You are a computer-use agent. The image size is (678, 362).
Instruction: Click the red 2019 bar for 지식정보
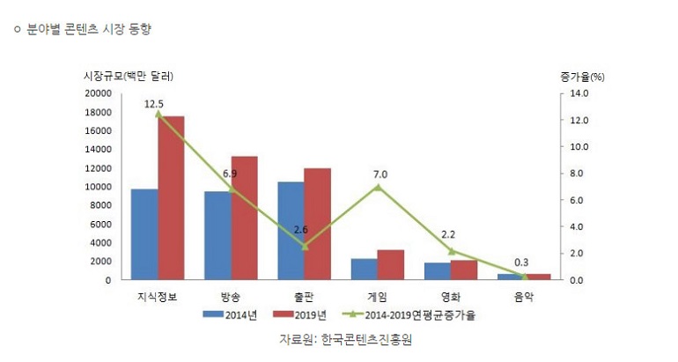click(171, 198)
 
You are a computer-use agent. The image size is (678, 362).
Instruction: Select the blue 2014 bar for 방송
click(217, 235)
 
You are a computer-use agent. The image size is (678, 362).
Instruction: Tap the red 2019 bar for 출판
click(317, 224)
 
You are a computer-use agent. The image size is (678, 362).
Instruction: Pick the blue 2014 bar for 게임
click(364, 269)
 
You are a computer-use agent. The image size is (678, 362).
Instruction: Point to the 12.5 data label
click(155, 104)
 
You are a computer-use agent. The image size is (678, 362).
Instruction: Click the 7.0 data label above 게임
click(380, 174)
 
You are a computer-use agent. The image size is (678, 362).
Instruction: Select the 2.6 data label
click(301, 230)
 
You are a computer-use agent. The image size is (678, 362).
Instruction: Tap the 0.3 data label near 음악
click(521, 262)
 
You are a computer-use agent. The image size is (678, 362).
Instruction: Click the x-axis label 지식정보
click(158, 296)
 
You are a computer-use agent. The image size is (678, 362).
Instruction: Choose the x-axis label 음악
click(524, 296)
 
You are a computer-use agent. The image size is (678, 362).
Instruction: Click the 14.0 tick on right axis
click(578, 93)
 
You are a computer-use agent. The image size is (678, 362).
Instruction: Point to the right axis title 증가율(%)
click(582, 77)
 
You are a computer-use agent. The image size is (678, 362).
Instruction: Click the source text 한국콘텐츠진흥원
click(367, 339)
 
